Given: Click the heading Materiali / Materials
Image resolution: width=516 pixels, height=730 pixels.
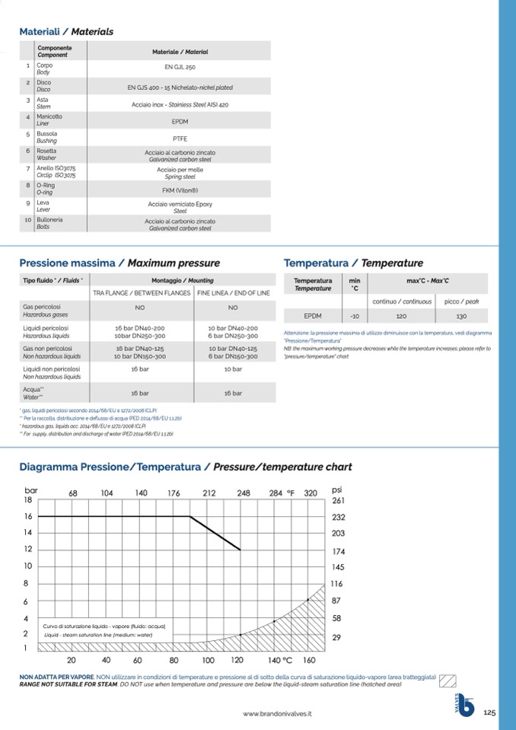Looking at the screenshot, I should click(x=66, y=31).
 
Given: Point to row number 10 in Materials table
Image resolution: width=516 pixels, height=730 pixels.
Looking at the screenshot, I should click(x=27, y=220).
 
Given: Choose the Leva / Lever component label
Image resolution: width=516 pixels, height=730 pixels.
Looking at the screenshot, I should click(x=43, y=206).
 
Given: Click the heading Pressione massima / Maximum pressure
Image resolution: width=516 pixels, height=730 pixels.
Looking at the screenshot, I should click(x=119, y=263).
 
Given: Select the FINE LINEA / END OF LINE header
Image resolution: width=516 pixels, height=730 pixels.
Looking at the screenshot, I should click(x=233, y=293).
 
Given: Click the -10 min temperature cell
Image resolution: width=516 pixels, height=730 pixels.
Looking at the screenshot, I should click(x=354, y=315).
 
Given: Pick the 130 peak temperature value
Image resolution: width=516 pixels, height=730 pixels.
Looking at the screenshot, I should click(x=461, y=315).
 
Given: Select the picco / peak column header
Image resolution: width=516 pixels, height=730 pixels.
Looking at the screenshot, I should click(x=461, y=301).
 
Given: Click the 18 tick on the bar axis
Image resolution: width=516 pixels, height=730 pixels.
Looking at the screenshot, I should click(x=27, y=500).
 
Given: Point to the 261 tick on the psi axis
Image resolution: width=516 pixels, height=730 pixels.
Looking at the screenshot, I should click(x=339, y=500).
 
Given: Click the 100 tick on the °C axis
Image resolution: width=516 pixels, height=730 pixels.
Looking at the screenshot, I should click(x=208, y=660).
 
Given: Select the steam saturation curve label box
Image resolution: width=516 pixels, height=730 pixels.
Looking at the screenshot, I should click(x=104, y=630).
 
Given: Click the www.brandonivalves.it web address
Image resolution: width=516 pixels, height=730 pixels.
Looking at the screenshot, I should click(x=277, y=714).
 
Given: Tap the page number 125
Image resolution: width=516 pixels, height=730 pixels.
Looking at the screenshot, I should click(x=489, y=712).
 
